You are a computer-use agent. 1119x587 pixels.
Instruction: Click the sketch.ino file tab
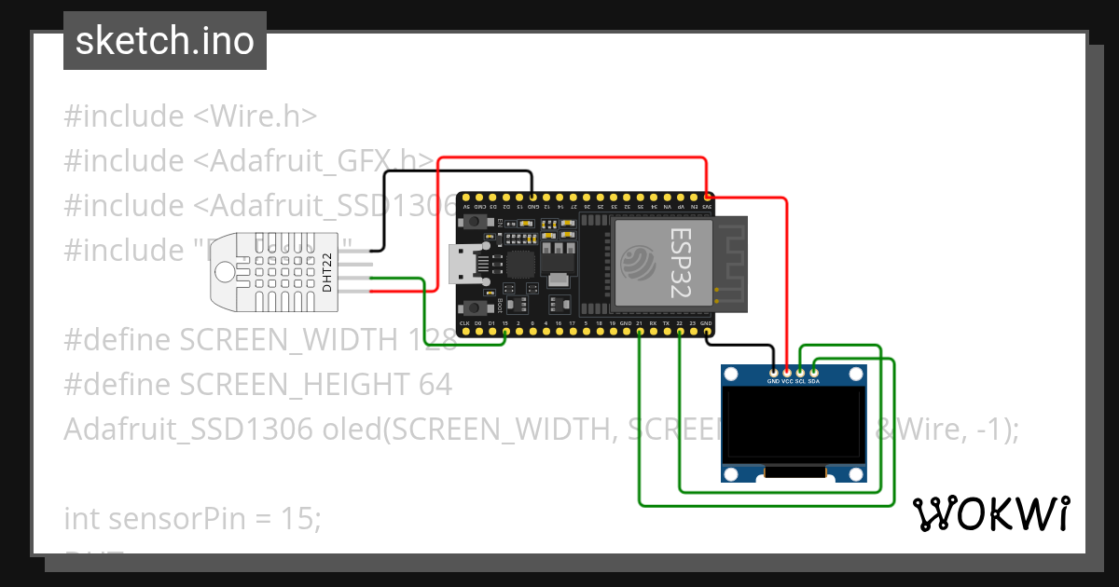[164, 41]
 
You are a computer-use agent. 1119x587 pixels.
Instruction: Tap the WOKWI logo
[990, 513]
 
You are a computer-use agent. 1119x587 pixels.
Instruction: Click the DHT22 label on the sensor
[327, 273]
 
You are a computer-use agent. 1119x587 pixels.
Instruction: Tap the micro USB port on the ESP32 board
[463, 265]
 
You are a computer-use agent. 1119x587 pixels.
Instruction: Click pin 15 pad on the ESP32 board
[505, 331]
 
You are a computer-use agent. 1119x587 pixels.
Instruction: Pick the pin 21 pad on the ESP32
[640, 331]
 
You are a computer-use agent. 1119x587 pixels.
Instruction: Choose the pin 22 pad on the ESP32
[680, 331]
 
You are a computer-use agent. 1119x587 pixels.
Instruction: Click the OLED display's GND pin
[773, 373]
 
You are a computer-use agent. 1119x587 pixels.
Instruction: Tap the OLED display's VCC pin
[787, 373]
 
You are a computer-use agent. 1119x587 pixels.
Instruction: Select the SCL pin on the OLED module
[800, 373]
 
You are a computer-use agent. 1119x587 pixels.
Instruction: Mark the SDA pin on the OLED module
[814, 373]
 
